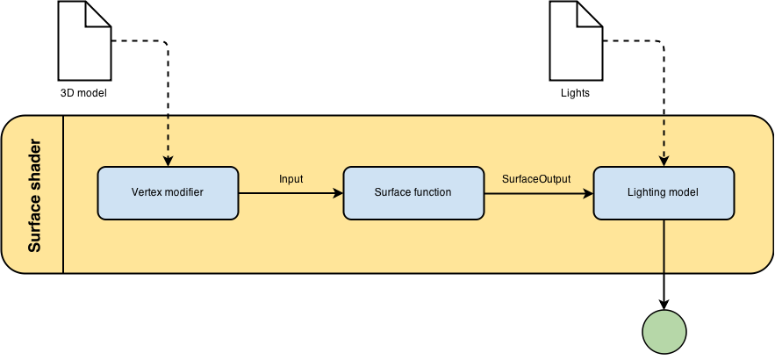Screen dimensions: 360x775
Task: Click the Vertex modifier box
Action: (x=167, y=192)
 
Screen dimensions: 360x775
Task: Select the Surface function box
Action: (x=413, y=192)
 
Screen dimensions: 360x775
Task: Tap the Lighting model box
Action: (x=664, y=192)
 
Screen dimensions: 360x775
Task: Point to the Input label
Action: (x=291, y=179)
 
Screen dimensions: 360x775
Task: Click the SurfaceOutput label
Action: (x=536, y=179)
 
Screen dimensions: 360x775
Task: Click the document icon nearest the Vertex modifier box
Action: (x=84, y=40)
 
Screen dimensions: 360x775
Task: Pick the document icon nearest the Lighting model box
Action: (x=576, y=40)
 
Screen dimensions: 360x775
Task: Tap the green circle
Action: (x=664, y=333)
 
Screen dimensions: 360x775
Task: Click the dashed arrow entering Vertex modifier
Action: (x=167, y=140)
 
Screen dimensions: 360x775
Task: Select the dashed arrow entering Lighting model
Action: (x=664, y=140)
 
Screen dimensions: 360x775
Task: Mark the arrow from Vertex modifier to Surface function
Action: (x=290, y=192)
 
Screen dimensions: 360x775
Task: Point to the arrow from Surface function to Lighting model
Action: (x=537, y=192)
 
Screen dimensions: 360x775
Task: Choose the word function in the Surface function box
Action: (x=432, y=192)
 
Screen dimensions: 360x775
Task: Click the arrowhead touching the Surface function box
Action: (x=338, y=192)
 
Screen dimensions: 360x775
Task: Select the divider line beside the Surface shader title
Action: (x=63, y=194)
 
